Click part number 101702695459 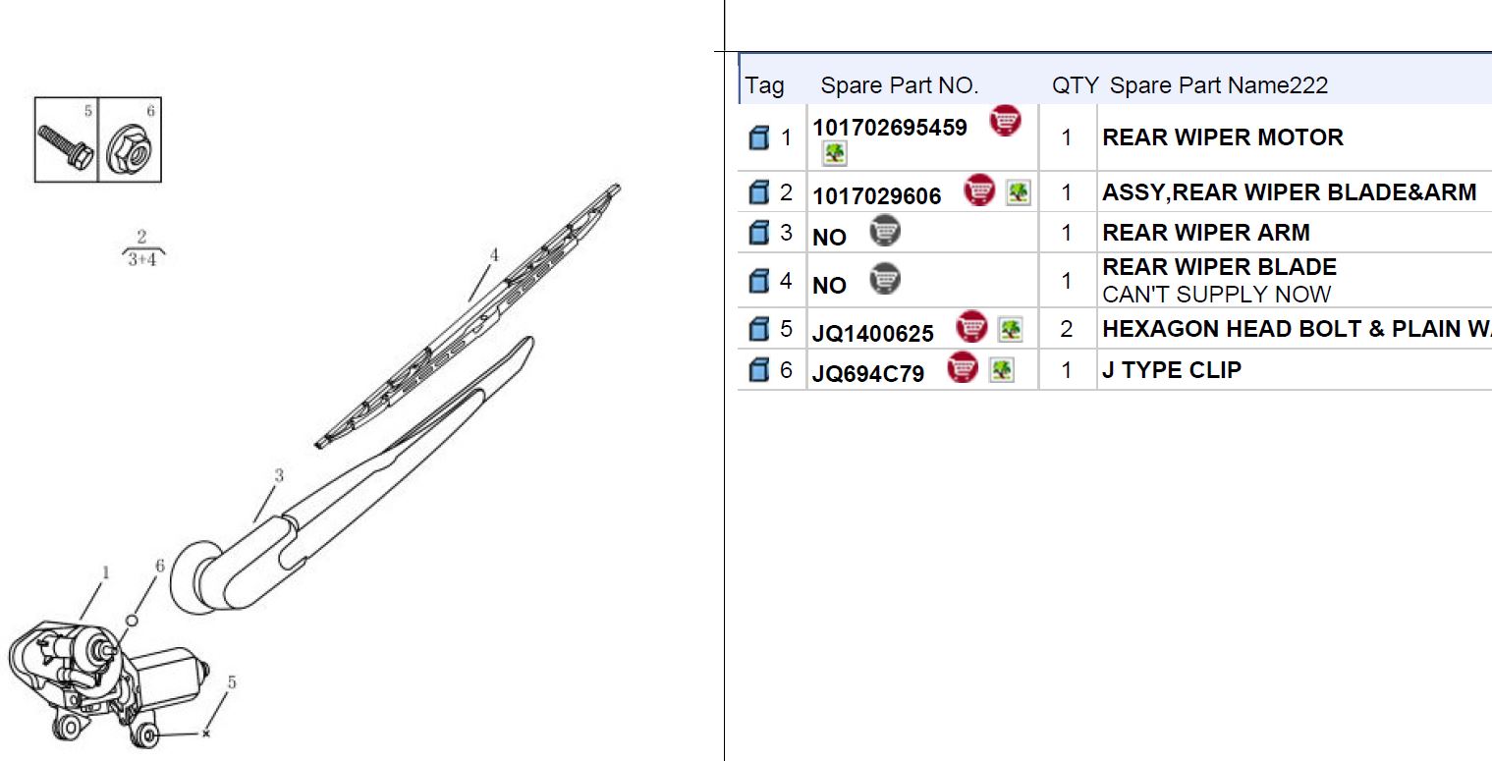[889, 128]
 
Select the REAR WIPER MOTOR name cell [1222, 137]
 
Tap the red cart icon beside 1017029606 [978, 190]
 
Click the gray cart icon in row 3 [885, 231]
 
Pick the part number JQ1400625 [872, 333]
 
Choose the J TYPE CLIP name [1172, 369]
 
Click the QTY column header [1075, 85]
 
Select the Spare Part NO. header [899, 85]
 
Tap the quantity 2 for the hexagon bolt [1067, 328]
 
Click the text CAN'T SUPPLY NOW [1216, 295]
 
